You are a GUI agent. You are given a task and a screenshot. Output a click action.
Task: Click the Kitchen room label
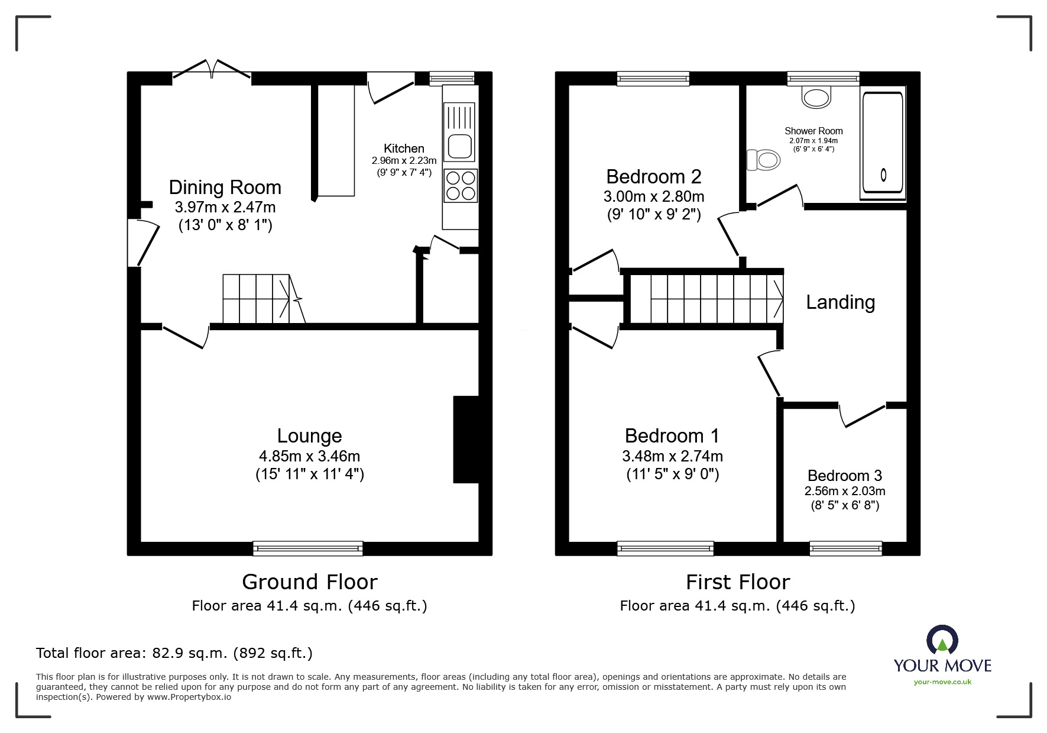[404, 148]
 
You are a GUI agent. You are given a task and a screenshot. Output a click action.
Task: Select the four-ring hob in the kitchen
[461, 185]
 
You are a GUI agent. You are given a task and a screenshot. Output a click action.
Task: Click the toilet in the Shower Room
[763, 160]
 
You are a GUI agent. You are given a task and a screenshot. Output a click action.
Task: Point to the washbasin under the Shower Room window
[816, 96]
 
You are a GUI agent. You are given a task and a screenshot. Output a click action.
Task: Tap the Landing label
[840, 302]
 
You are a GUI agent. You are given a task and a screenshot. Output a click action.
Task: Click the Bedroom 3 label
[844, 476]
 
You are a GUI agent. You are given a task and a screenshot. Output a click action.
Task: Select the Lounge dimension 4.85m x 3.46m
[309, 456]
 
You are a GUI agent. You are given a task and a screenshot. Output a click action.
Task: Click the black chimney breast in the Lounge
[466, 440]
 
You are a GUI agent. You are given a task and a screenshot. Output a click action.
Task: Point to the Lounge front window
[308, 548]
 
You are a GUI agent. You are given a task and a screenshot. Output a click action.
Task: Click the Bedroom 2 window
[653, 79]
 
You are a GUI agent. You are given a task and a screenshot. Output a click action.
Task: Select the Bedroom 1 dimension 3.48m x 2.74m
[672, 456]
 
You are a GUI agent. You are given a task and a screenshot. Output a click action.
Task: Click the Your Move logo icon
[942, 640]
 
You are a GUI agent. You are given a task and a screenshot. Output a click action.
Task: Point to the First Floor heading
[738, 582]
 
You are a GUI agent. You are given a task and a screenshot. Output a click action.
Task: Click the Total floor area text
[174, 653]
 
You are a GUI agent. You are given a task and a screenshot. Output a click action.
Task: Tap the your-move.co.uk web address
[942, 682]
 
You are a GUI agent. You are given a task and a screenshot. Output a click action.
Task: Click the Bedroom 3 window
[845, 548]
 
